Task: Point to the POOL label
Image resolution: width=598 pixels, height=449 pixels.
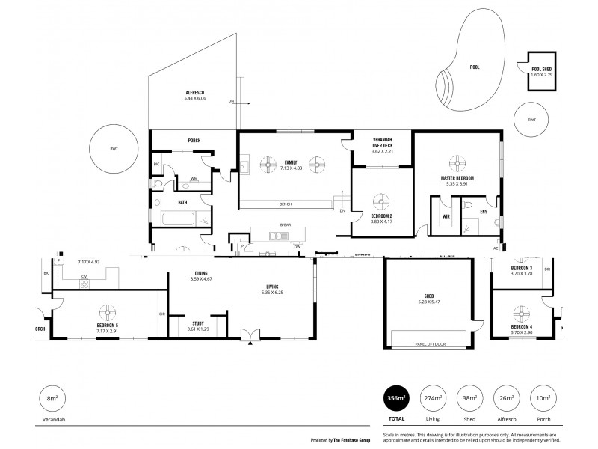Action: tap(475, 67)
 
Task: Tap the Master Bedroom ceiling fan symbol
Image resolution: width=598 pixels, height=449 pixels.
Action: tap(457, 163)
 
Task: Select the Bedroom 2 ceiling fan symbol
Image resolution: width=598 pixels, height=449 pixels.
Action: tap(381, 201)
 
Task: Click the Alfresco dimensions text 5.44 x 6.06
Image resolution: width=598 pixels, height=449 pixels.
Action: tap(195, 98)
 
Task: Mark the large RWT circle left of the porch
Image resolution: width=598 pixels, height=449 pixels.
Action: tap(114, 148)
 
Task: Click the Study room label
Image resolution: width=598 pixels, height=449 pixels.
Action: tap(197, 323)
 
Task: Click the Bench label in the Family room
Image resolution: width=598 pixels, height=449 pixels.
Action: tap(285, 204)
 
